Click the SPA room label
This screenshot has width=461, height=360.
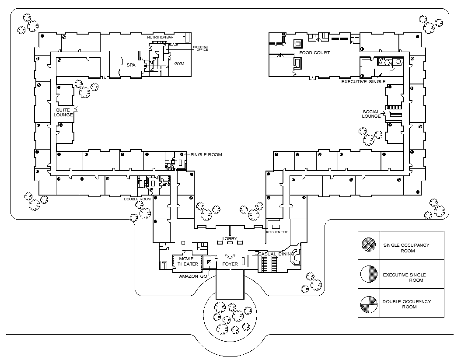click(131, 65)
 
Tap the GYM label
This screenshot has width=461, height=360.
click(179, 63)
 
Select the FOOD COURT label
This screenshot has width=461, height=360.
click(314, 52)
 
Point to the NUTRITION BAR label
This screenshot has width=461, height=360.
click(160, 38)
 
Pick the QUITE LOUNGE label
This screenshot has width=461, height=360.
click(64, 112)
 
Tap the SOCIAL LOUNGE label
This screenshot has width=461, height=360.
click(371, 114)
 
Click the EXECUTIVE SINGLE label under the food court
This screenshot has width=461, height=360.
click(363, 81)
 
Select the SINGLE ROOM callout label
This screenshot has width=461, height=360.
click(206, 154)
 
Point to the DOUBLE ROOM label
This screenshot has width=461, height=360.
click(137, 199)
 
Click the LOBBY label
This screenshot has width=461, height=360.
click(230, 238)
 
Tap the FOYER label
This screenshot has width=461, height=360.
click(230, 264)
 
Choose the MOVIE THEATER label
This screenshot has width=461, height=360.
click(188, 261)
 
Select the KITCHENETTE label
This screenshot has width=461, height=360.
click(277, 232)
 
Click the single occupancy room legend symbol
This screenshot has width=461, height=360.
click(369, 244)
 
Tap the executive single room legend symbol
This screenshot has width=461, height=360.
click(369, 274)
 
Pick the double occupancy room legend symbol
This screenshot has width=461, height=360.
click(369, 304)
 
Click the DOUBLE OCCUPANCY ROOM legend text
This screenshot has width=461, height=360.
click(407, 304)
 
